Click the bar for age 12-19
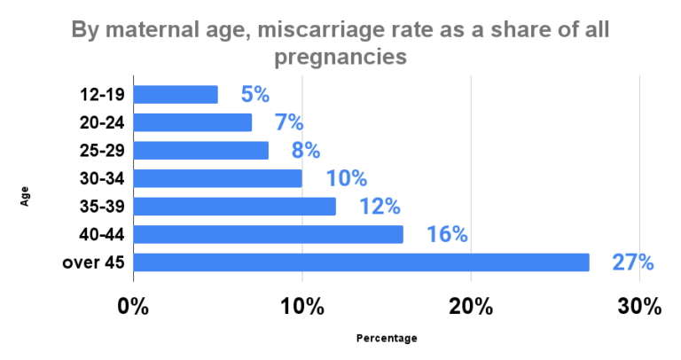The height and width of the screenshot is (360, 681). coord(176,94)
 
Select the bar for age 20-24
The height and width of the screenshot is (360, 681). coord(192,122)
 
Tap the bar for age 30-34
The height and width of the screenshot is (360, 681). coord(217,178)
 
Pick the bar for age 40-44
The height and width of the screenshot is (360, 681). coord(268,234)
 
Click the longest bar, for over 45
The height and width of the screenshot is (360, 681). coord(361,262)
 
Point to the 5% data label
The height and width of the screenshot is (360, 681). coord(254,95)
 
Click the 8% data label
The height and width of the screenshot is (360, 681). coord(305,151)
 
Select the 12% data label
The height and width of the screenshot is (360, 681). coord(380,207)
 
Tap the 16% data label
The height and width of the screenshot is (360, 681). coord(447,235)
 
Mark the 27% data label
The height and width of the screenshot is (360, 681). coord(632,263)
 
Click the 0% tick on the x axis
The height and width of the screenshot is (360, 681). coord(133,307)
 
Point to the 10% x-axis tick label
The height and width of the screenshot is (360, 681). coord(301,307)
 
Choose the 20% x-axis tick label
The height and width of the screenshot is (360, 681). coord(470,307)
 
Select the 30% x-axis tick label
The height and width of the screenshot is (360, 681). coord(638,307)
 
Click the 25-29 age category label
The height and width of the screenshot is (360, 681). coord(104,151)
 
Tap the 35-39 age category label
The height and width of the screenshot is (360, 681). coord(104,207)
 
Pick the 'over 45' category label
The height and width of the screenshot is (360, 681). coord(93,262)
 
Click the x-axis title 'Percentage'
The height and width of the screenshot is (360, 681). coord(386,338)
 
